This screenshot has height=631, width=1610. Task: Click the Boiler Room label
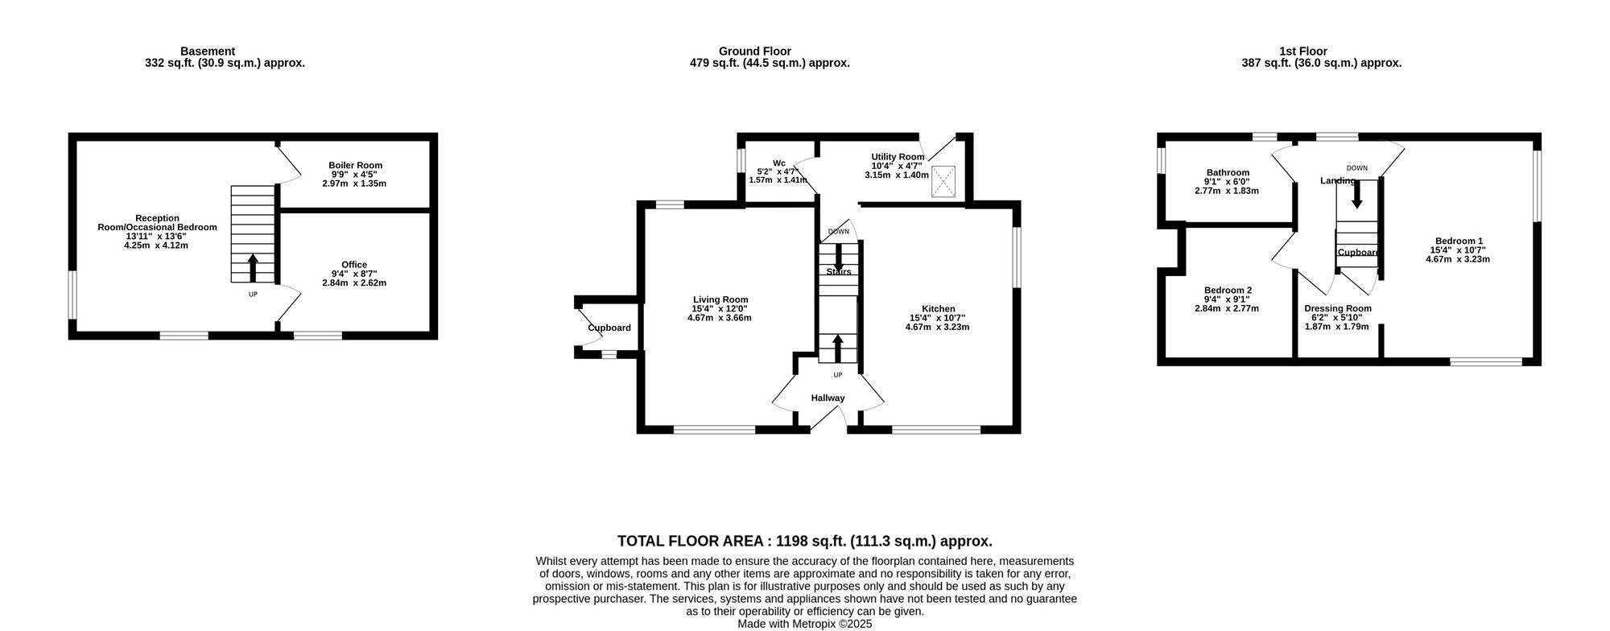tap(355, 166)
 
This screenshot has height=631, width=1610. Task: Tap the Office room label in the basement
tap(354, 265)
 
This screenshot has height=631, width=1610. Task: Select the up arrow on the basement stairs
tap(253, 266)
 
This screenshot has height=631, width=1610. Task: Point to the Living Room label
tap(720, 299)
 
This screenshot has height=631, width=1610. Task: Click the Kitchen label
tap(938, 309)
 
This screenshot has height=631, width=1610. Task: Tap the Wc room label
tap(778, 162)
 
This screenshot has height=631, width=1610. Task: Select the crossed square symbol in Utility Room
tap(943, 181)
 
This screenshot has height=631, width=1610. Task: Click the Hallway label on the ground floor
tap(828, 398)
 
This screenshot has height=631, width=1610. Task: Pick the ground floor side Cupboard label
tap(609, 328)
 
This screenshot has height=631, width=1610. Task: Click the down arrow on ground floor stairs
tap(838, 257)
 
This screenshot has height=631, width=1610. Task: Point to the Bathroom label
tap(1228, 172)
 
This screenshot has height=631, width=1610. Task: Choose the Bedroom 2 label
tap(1228, 291)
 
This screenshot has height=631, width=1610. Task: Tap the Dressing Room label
tap(1338, 308)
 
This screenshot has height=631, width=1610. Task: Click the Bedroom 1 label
tap(1458, 241)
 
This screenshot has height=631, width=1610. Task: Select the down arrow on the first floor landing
tap(1357, 194)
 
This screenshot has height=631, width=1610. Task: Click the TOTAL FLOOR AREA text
tap(804, 542)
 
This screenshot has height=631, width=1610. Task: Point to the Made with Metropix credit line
tap(804, 624)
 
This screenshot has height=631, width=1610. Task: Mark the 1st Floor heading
tap(1303, 51)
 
